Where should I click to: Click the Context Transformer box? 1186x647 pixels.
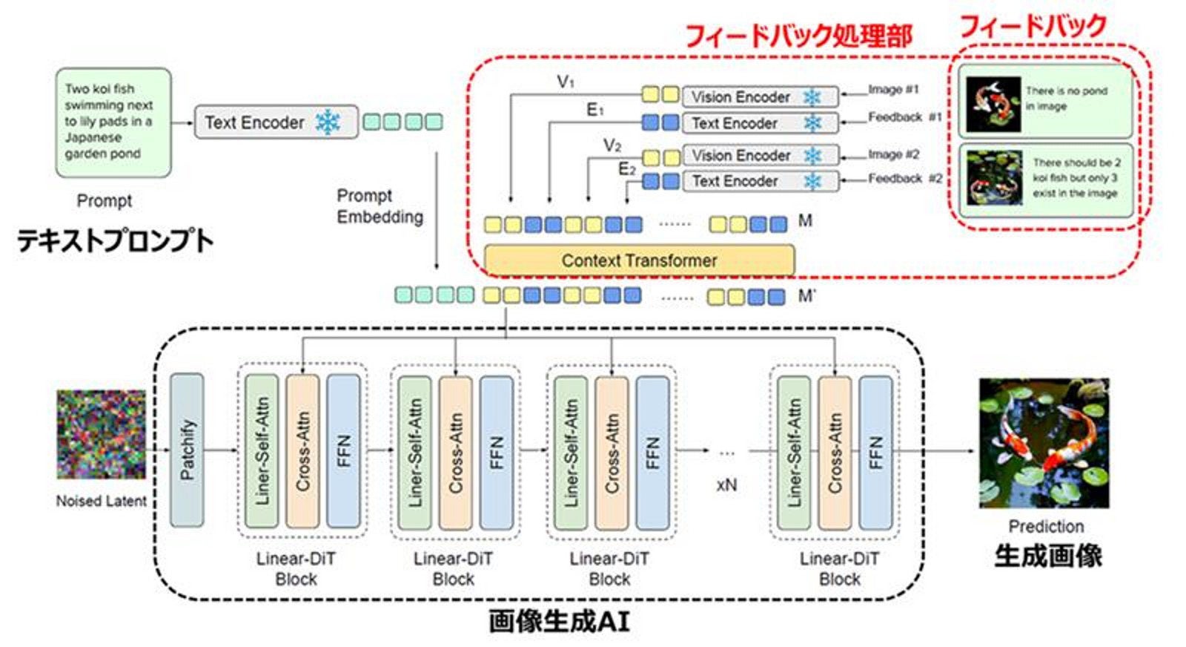pyautogui.click(x=639, y=260)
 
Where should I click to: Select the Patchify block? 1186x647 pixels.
pyautogui.click(x=187, y=450)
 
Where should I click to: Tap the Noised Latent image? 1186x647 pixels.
pyautogui.click(x=101, y=435)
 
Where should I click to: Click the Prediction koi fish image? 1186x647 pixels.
pyautogui.click(x=1044, y=443)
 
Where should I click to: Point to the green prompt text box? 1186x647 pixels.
pyautogui.click(x=113, y=122)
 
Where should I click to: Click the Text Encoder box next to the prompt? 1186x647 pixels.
pyautogui.click(x=276, y=122)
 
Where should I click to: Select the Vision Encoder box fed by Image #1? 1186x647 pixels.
pyautogui.click(x=761, y=97)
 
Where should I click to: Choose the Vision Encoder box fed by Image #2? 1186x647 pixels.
pyautogui.click(x=761, y=155)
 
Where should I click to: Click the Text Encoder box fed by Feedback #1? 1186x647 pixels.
pyautogui.click(x=761, y=123)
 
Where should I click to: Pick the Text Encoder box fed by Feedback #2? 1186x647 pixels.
pyautogui.click(x=761, y=181)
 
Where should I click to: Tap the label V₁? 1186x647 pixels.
pyautogui.click(x=566, y=82)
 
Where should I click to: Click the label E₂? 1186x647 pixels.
pyautogui.click(x=627, y=169)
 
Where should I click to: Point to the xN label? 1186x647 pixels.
pyautogui.click(x=726, y=485)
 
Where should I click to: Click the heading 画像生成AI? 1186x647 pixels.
pyautogui.click(x=559, y=622)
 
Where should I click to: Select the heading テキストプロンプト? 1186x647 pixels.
pyautogui.click(x=116, y=240)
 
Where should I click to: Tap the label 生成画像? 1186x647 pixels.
pyautogui.click(x=1048, y=556)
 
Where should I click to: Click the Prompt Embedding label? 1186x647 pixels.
pyautogui.click(x=380, y=206)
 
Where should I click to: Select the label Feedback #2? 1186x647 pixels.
pyautogui.click(x=905, y=179)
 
